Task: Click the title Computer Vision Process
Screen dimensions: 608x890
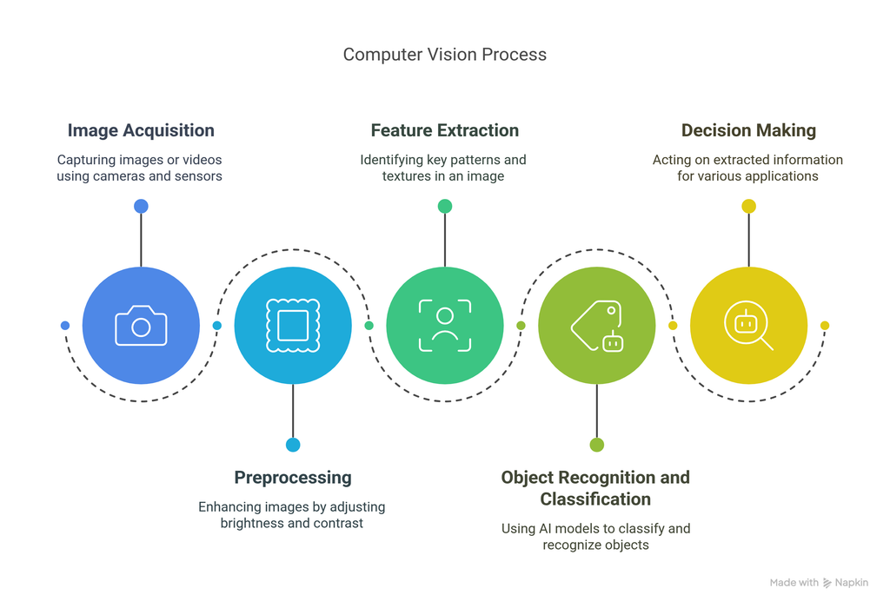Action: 444,54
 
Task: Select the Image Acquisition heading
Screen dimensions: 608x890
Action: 141,130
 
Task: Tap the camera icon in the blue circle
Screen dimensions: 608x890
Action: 141,326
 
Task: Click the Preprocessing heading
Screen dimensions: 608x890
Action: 293,477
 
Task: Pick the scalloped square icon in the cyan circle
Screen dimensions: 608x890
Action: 293,326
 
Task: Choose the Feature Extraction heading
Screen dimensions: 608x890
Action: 444,130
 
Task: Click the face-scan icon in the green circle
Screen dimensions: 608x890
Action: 444,326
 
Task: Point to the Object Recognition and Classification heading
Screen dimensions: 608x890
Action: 595,488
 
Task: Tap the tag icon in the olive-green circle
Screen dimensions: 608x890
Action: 596,326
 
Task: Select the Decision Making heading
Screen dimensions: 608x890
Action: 748,130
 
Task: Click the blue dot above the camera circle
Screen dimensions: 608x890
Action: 141,206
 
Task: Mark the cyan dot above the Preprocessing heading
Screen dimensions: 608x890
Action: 293,445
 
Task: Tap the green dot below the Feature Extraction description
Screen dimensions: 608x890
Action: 444,206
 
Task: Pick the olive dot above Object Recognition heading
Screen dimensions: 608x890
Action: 596,445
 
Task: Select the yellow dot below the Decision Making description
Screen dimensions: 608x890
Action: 748,206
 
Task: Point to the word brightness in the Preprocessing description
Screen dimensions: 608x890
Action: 251,523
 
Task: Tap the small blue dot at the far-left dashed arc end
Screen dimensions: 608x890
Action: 65,326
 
